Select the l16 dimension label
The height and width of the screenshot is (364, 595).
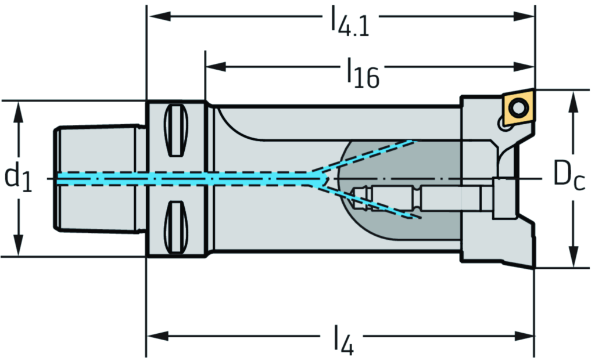pos(363,73)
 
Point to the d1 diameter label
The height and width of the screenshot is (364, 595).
pos(17,178)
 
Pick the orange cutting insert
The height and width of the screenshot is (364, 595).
pos(519,107)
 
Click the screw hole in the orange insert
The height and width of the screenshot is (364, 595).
pos(518,107)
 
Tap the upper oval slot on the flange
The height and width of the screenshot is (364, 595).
pos(177,131)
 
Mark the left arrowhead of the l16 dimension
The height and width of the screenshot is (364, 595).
pos(215,67)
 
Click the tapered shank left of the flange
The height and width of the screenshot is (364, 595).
pos(99,178)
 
